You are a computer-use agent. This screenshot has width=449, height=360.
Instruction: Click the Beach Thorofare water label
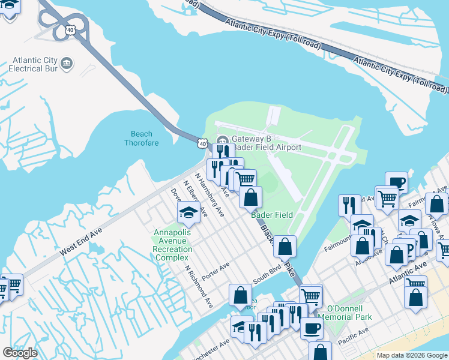point(138,138)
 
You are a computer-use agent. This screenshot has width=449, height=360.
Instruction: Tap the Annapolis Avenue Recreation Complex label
point(173,245)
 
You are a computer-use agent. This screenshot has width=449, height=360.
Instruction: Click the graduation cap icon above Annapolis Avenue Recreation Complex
point(188,212)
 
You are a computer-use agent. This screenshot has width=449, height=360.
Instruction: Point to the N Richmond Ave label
point(199,287)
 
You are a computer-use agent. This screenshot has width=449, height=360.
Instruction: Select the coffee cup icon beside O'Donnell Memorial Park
point(312,328)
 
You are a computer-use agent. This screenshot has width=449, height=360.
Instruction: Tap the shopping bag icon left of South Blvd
point(240,295)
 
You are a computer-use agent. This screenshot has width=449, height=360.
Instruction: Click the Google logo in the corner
point(20,353)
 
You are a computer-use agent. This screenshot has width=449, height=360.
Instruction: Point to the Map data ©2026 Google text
point(411,355)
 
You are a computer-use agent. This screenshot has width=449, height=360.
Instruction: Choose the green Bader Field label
point(272,215)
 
